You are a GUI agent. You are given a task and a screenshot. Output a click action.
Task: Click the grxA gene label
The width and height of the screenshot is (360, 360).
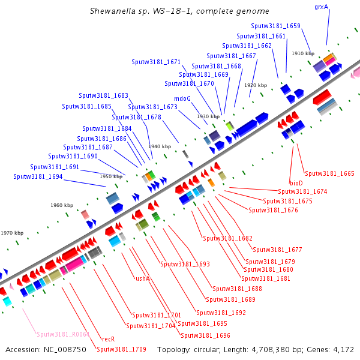[x=322, y=7]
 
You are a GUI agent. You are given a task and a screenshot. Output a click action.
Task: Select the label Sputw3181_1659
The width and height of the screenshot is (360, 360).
[x=276, y=26]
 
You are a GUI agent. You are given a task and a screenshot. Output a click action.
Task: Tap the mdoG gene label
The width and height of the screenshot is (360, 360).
[x=182, y=98]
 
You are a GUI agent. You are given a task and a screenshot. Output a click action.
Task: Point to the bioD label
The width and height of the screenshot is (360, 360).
[x=296, y=182]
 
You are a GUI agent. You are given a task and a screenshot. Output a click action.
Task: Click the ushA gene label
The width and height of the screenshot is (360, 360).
[x=142, y=278]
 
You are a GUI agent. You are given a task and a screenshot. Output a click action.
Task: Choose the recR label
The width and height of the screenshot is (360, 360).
[x=109, y=339]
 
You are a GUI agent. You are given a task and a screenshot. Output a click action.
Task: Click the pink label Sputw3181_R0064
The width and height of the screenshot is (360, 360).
[x=63, y=334]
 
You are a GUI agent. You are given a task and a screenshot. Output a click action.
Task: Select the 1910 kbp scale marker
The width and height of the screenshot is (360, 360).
[x=303, y=53]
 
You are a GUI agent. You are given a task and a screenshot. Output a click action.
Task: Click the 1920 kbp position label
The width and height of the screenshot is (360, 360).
[x=255, y=85]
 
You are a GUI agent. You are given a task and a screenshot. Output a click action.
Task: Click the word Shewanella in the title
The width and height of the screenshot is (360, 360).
[x=110, y=11]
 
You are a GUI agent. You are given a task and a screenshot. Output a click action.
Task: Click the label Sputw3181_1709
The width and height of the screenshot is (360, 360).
[x=121, y=349]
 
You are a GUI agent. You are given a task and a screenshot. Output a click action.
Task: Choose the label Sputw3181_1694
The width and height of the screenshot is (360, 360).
[x=38, y=177]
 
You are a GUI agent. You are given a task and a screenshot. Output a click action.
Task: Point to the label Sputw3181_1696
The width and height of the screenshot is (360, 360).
[x=205, y=335]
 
